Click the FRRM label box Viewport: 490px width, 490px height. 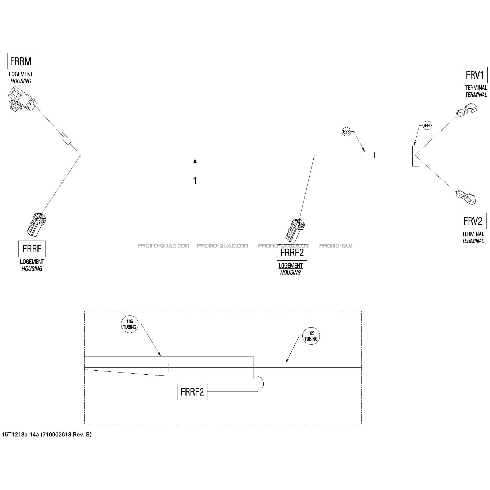click(21, 61)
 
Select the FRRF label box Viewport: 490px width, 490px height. click(32, 249)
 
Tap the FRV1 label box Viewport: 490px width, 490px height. click(475, 75)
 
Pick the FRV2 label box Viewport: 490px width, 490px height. click(473, 221)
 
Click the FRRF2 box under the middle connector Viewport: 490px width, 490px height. click(292, 253)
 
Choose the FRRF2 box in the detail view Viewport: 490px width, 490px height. click(192, 392)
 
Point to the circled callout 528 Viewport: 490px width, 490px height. click(346, 132)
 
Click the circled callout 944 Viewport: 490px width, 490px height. click(427, 126)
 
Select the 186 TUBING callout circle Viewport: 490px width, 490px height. click(130, 324)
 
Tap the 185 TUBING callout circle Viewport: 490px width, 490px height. click(311, 336)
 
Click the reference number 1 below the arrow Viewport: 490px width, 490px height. click(195, 181)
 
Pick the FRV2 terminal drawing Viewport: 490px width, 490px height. click(466, 197)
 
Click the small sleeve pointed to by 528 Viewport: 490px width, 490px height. click(367, 155)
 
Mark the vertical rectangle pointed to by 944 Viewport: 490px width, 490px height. click(416, 156)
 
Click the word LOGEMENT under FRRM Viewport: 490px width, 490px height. click(21, 74)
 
